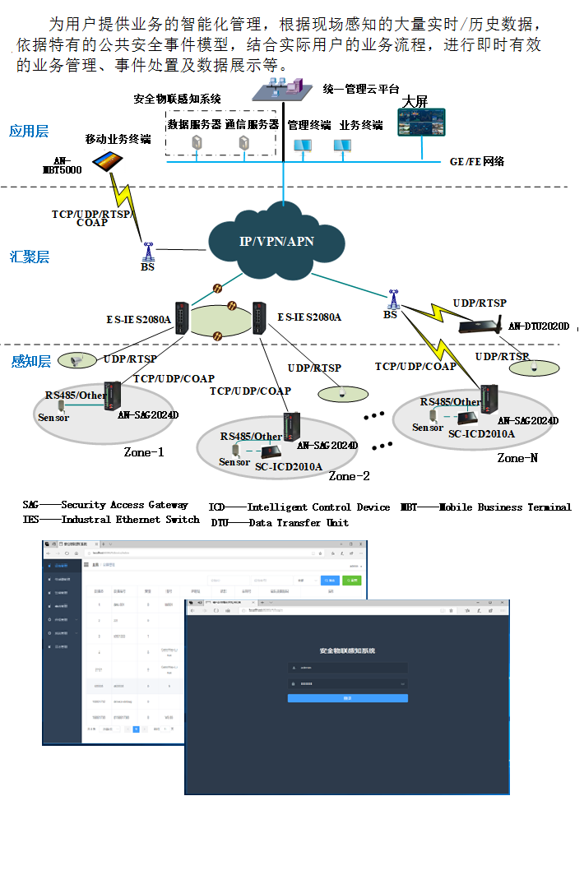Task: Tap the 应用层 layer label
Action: [29, 131]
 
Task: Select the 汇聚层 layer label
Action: [30, 257]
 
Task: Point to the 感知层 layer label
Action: [30, 361]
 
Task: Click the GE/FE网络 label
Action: [476, 162]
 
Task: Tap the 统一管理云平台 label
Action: [359, 88]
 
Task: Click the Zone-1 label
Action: [144, 451]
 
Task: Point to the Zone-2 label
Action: [350, 475]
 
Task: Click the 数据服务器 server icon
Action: [197, 143]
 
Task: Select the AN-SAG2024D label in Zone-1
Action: [148, 415]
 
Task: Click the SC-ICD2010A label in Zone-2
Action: [289, 467]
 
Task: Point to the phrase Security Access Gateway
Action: [124, 505]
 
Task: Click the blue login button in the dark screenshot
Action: [347, 698]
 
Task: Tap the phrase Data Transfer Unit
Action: [299, 522]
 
